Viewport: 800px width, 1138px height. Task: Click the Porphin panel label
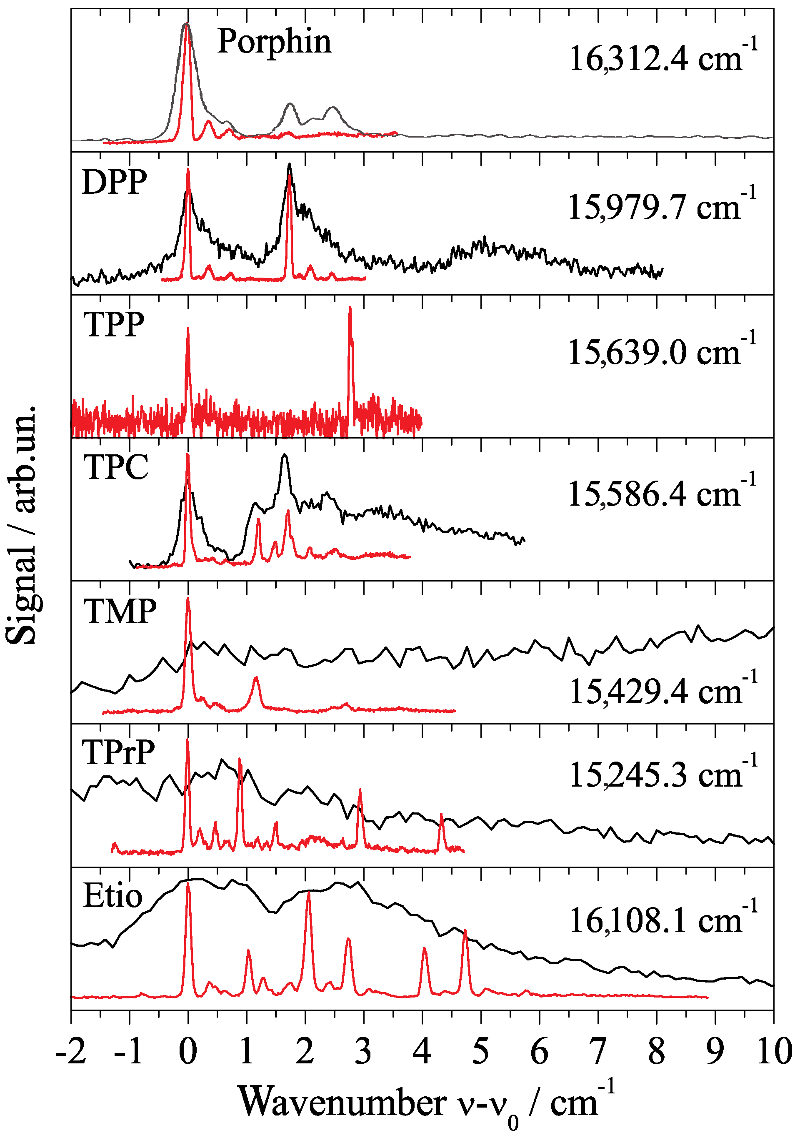pos(274,41)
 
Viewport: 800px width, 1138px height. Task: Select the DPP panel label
pos(115,183)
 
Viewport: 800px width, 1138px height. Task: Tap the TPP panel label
pos(115,325)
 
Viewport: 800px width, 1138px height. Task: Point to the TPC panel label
pos(116,467)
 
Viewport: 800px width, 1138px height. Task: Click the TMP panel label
pos(120,611)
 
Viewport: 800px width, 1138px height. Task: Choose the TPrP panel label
pos(119,752)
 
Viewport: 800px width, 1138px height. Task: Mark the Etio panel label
pos(113,896)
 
